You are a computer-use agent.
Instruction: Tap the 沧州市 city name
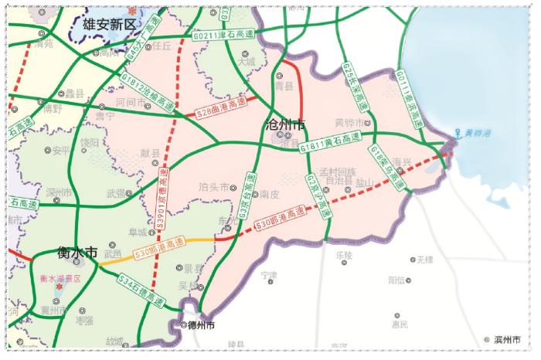(284, 124)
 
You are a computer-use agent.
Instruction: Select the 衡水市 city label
(77, 252)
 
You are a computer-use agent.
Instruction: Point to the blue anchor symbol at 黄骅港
(458, 133)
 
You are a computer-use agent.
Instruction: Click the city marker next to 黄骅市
(369, 123)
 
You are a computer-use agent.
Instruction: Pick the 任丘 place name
(162, 46)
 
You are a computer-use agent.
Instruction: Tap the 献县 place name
(150, 153)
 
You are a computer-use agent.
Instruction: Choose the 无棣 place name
(424, 260)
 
